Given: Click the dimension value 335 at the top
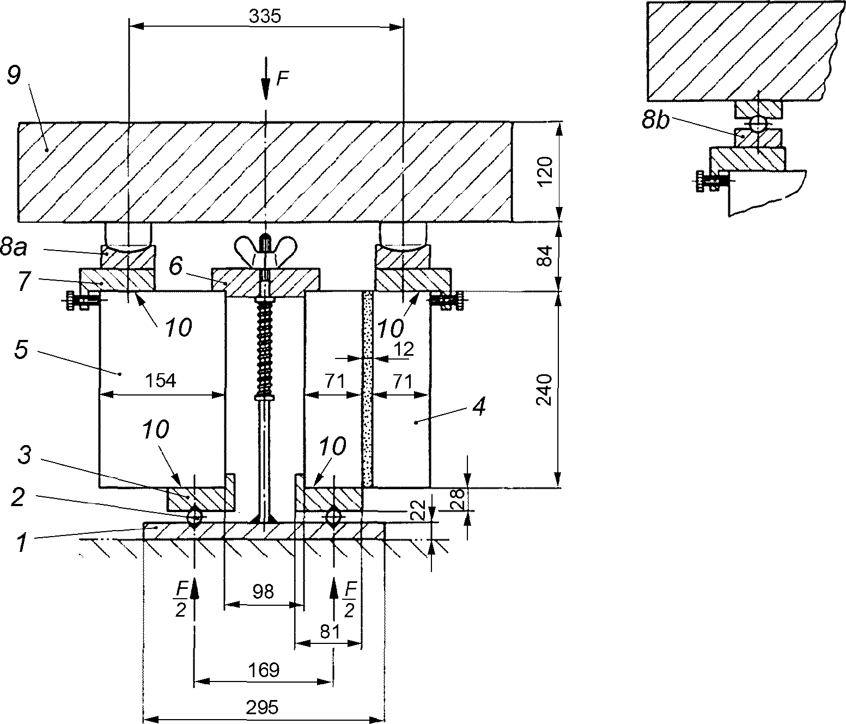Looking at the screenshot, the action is pos(265,16).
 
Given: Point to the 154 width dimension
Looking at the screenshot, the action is pos(161,380).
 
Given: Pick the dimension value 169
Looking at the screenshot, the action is pos(264,670).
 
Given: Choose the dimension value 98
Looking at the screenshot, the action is pos(263,592).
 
